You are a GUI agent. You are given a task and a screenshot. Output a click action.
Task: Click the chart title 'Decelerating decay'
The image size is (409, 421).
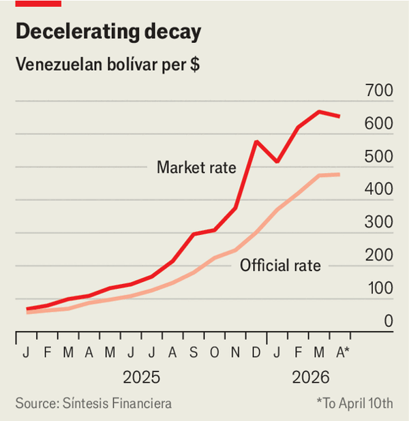(108, 32)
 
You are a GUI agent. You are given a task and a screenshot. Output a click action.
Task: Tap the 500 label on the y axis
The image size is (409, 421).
(379, 157)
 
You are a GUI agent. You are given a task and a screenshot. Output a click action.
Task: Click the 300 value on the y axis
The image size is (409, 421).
(379, 223)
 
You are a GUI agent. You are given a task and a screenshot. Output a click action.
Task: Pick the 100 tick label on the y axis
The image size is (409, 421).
(379, 289)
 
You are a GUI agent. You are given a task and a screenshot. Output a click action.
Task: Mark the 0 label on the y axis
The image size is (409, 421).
(388, 322)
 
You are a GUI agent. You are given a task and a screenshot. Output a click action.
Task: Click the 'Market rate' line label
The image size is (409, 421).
(196, 167)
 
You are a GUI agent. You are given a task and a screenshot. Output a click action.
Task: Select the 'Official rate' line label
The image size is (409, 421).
(280, 266)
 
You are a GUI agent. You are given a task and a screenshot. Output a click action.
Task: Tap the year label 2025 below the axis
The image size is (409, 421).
(142, 377)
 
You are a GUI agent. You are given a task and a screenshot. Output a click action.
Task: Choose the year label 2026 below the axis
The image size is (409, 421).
(311, 377)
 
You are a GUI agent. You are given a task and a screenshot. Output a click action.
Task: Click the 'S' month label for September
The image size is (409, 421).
(194, 353)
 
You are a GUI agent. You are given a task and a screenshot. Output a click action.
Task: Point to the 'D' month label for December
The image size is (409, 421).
(257, 353)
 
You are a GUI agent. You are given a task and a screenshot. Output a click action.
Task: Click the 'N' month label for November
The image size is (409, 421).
(236, 353)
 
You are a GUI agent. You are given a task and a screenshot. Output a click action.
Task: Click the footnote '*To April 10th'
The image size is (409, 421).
(354, 403)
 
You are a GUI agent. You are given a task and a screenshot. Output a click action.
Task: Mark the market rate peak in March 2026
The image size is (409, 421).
(319, 112)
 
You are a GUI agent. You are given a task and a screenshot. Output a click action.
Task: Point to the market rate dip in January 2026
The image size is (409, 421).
(277, 161)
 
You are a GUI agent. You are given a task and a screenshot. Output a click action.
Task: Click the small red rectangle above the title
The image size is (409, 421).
(38, 3)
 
